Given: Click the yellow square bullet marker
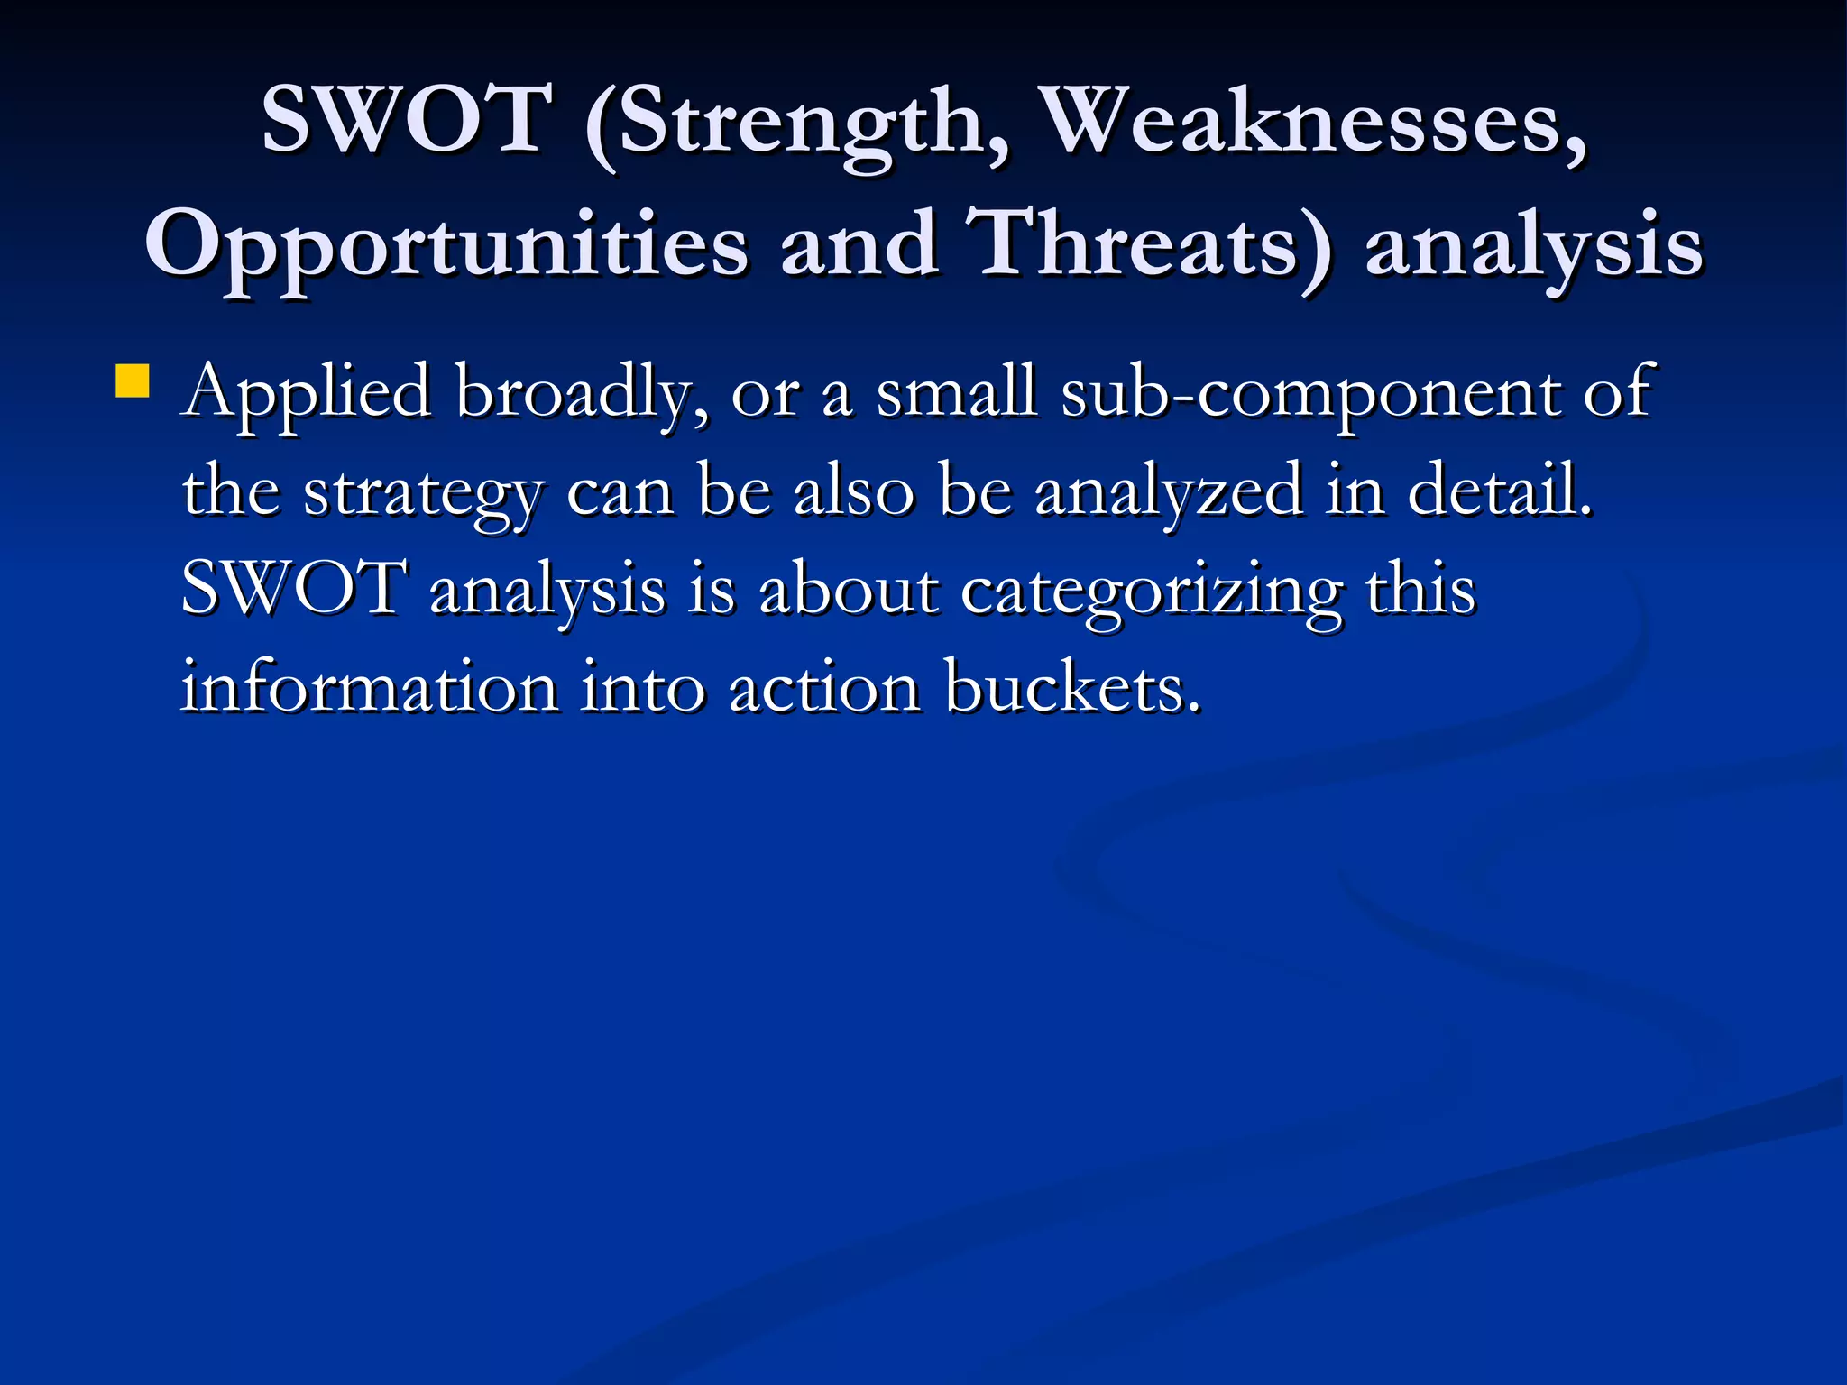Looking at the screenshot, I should click(x=132, y=381).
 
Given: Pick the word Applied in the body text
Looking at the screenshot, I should click(x=307, y=393).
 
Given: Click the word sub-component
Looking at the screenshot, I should click(x=1310, y=395).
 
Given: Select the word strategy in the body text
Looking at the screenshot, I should click(x=423, y=494).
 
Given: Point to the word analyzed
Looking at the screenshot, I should click(x=1169, y=492).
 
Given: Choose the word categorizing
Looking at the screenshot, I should click(x=1151, y=592).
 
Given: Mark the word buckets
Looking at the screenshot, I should click(x=1073, y=689).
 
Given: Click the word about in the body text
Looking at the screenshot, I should click(x=849, y=590).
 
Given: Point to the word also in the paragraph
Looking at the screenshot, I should click(x=853, y=492).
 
